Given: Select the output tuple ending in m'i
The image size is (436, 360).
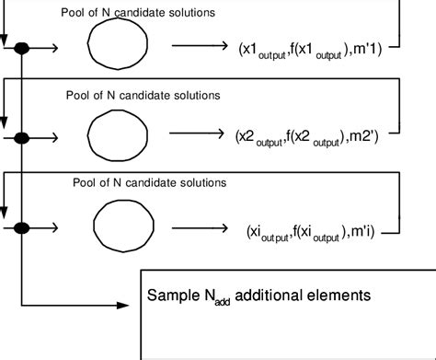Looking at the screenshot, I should pos(323,230).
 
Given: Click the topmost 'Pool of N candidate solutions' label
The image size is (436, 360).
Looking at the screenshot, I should pos(138,13).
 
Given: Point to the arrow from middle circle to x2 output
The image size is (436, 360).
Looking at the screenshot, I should pos(201,134).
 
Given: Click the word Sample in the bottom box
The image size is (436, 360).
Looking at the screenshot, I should pos(173,296).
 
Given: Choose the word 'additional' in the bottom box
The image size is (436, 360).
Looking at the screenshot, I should pos(273,296).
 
